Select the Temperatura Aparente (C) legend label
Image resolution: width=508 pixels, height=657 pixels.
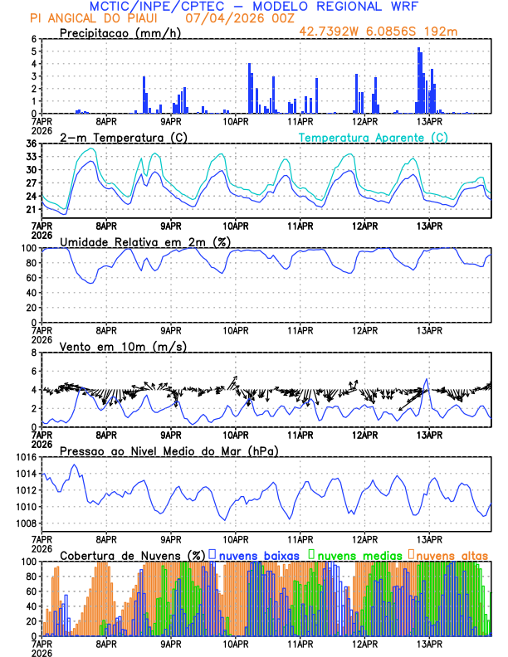pos(373,137)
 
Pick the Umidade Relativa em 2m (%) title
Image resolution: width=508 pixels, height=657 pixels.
pos(145,241)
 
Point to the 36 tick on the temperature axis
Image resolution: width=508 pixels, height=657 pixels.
pos(32,144)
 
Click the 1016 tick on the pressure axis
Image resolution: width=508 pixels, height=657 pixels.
pos(25,458)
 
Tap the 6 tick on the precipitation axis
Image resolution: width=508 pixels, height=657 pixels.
pos(34,40)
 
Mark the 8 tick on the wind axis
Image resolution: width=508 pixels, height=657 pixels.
pos(34,353)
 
